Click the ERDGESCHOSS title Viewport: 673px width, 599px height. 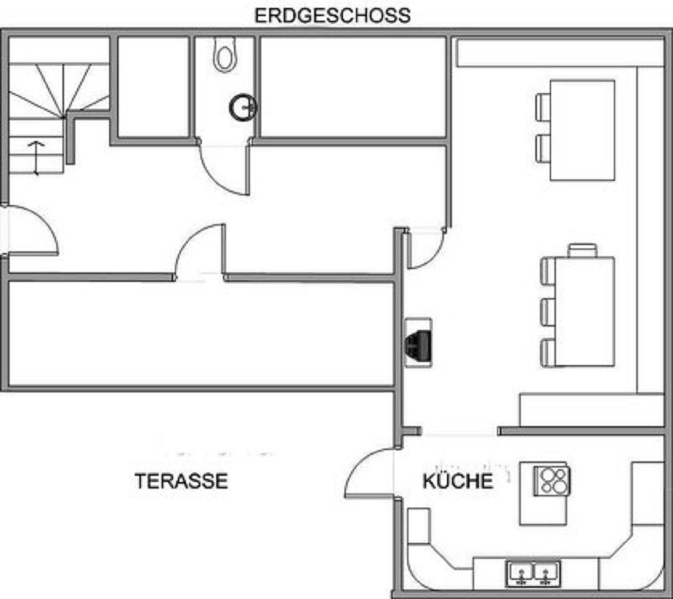(333, 15)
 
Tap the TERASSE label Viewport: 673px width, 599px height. (181, 481)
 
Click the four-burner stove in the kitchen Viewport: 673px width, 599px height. (552, 481)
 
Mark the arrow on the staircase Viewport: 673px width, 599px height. (37, 158)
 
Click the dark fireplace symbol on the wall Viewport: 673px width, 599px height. (418, 342)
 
